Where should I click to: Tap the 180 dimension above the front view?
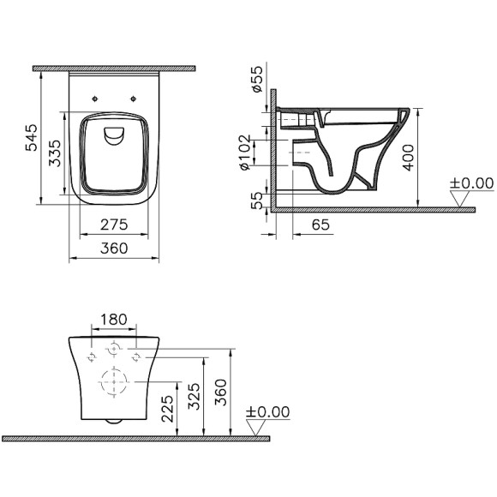(114, 320)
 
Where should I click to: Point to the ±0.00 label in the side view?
(470, 183)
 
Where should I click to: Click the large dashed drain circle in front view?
(113, 382)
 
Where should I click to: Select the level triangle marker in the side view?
(463, 199)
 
